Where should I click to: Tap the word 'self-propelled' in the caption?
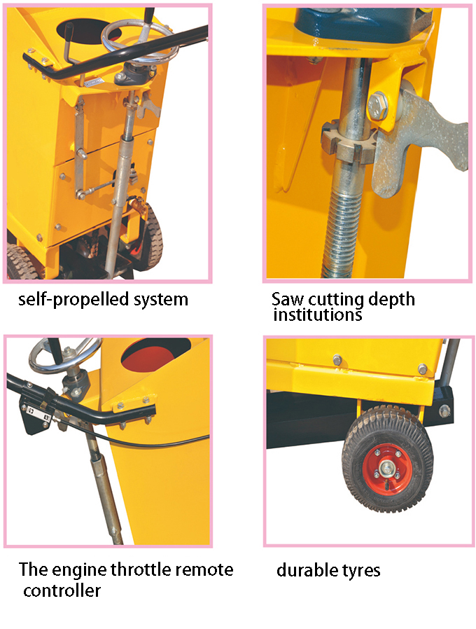coord(67,300)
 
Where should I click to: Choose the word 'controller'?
coord(62,590)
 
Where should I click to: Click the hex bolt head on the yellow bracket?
coord(379,105)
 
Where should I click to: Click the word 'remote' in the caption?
coord(207,569)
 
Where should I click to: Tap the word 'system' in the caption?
coord(162,300)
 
